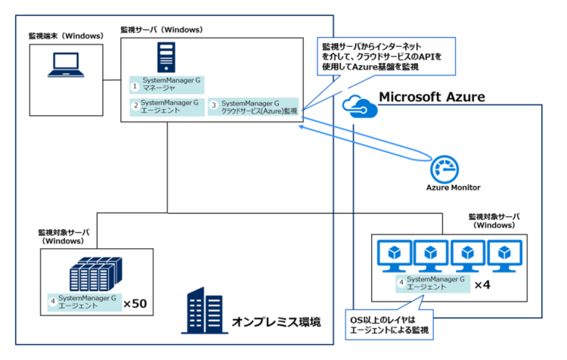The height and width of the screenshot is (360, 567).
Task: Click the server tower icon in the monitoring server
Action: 166,57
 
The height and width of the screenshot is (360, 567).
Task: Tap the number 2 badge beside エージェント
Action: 135,106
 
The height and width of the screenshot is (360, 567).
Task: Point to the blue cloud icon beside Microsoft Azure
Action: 356,104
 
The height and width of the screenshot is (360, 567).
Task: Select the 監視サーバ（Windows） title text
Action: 162,29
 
